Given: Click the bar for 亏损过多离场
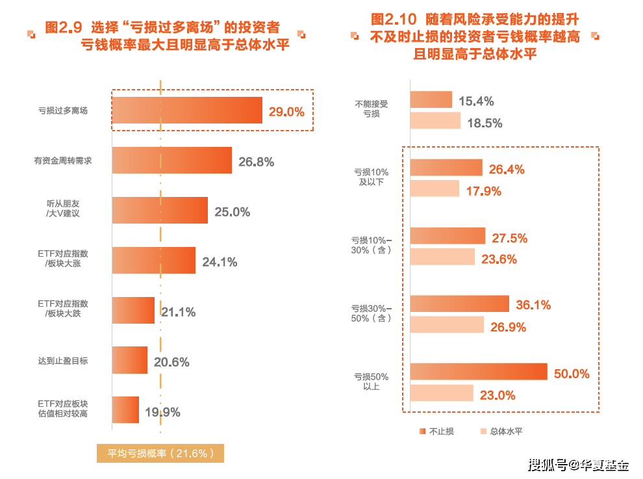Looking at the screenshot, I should tap(187, 110).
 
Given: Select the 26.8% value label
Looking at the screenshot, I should tap(256, 161).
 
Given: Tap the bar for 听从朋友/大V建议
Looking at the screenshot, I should tap(160, 211).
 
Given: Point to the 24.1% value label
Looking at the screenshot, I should tap(220, 263).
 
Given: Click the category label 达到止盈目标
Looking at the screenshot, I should tap(62, 361).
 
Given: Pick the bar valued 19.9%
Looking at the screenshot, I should tap(125, 410).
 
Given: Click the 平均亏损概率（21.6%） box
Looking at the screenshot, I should tap(160, 454).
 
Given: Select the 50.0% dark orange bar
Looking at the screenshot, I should tap(479, 372).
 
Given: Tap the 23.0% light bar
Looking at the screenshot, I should tap(441, 393).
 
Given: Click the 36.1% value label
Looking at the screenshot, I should tap(533, 305).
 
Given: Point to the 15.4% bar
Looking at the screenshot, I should tap(431, 99).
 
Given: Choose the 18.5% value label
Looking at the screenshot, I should tap(484, 123).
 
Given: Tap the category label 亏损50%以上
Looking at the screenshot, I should tap(371, 382).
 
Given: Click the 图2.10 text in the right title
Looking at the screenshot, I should tap(393, 19).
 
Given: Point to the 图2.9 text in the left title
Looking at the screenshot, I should tap(64, 28).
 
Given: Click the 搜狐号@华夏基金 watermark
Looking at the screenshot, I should tap(578, 465).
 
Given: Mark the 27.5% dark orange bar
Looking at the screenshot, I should tap(448, 236).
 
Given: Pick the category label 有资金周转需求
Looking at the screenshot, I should tap(62, 161).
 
